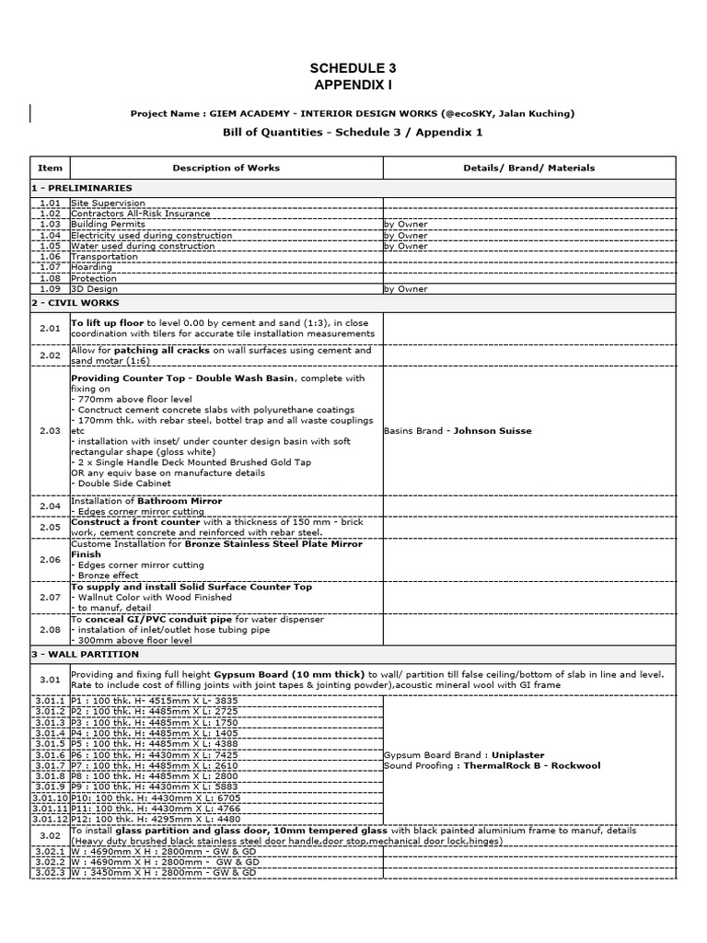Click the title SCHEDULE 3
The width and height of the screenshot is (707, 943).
[353, 68]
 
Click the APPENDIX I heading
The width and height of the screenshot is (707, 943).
[353, 85]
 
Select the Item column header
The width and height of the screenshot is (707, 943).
[50, 168]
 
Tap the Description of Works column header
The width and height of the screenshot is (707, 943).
[226, 168]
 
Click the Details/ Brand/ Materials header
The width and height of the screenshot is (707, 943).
[528, 168]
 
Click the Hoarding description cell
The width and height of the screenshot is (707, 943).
[92, 267]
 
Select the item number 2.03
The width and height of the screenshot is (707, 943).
[50, 430]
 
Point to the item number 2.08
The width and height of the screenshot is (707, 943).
[50, 630]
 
